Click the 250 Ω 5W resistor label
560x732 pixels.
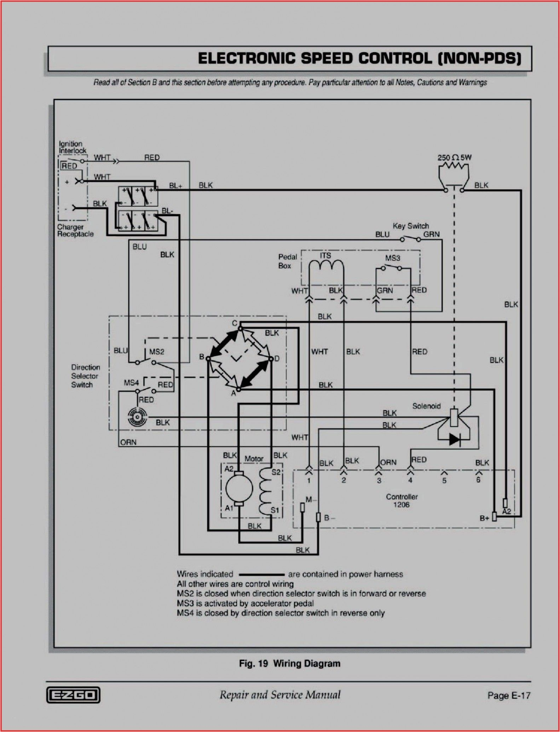(x=454, y=157)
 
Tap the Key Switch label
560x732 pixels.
(x=410, y=226)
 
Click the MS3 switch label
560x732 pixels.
(x=392, y=258)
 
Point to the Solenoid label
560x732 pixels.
(x=426, y=406)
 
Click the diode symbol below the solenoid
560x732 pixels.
(x=455, y=439)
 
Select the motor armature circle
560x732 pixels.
(x=239, y=489)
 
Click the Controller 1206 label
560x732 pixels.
(x=402, y=501)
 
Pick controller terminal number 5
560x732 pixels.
(x=444, y=480)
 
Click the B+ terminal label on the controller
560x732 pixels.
(x=484, y=518)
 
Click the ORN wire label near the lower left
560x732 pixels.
(x=128, y=442)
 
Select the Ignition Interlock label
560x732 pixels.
(x=72, y=147)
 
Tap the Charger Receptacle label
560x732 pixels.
(x=75, y=231)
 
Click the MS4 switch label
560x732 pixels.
(x=131, y=383)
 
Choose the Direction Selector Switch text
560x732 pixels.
(x=85, y=376)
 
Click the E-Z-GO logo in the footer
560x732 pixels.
(x=73, y=695)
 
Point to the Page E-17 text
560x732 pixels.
(x=509, y=695)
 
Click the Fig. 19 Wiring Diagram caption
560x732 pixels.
(x=289, y=663)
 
